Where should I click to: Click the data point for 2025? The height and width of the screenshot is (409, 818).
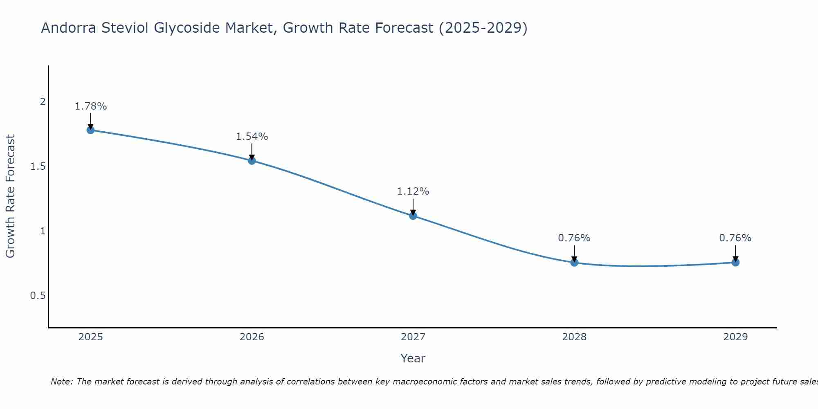(x=90, y=130)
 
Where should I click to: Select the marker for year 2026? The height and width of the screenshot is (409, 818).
(x=252, y=161)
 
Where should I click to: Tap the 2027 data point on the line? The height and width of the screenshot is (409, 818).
(x=413, y=216)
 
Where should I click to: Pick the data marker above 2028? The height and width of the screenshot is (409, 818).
(x=574, y=263)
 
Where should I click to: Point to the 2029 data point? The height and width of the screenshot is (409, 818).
(x=735, y=262)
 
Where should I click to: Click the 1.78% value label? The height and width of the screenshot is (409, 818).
(x=90, y=106)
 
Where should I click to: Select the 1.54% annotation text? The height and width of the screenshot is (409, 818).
(x=252, y=137)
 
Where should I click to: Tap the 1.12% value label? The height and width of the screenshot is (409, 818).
(x=413, y=191)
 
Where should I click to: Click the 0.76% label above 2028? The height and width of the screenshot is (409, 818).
(x=574, y=238)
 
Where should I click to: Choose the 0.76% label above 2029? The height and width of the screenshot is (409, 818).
(x=735, y=238)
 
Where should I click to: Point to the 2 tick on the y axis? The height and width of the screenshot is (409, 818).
(x=43, y=102)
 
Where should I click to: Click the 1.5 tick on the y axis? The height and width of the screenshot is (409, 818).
(x=38, y=166)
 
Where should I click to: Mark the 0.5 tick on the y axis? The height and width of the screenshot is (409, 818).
(x=38, y=296)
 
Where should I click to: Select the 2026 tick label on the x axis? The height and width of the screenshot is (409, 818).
(x=252, y=337)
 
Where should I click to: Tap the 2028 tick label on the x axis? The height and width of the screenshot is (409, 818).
(x=574, y=337)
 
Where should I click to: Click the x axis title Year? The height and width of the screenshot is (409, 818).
(x=413, y=359)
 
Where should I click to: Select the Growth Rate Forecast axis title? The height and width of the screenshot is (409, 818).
(x=11, y=196)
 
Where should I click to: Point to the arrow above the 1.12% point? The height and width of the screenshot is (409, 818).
(x=413, y=207)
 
